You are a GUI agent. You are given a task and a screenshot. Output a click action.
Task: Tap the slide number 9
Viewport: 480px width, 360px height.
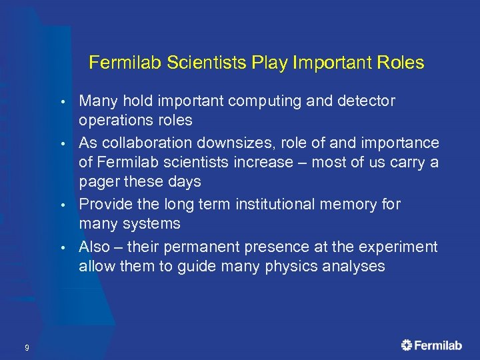[x=26, y=347]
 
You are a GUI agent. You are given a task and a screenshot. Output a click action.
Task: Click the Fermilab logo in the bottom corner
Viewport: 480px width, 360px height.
[x=431, y=345]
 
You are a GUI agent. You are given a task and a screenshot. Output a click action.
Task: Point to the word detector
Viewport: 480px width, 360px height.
[x=361, y=101]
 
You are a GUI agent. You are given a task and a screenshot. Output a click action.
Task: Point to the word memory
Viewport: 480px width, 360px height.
[x=347, y=205]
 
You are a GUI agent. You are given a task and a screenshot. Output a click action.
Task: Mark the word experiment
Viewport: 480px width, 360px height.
[x=399, y=247]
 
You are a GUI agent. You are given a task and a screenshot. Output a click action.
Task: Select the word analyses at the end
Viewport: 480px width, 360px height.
[x=352, y=267]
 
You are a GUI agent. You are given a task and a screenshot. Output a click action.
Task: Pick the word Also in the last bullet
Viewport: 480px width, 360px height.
[x=94, y=247]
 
